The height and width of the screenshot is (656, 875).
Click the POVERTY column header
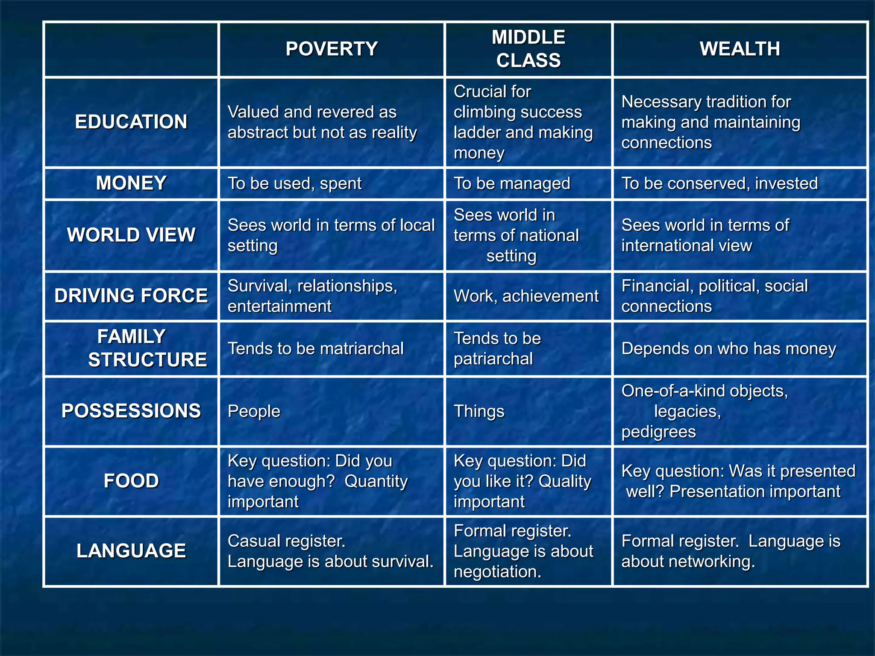point(332,49)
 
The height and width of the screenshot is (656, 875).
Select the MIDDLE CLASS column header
point(529,49)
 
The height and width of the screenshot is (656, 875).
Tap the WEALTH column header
point(740,49)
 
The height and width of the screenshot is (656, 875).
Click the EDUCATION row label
point(131,122)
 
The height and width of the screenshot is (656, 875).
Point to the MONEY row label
point(131,183)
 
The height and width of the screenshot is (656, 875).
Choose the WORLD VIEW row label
point(131,235)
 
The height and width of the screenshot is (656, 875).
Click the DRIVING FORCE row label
point(131,296)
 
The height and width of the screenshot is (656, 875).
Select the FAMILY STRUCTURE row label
point(131,348)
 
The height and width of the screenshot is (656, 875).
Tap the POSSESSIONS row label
point(131,411)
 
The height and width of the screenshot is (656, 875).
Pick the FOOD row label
point(131,481)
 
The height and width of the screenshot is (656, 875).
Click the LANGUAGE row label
point(131,551)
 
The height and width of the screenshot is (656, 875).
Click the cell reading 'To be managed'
point(512,184)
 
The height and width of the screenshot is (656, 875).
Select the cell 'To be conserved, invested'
point(719,184)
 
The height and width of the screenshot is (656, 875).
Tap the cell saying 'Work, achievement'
point(526,296)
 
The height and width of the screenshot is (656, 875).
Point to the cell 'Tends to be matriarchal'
point(315,348)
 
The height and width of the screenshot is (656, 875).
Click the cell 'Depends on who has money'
point(728,348)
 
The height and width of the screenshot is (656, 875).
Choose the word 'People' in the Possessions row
point(254,411)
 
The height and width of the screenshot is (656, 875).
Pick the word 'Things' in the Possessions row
point(479,411)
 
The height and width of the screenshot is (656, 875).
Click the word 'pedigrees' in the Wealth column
point(658,432)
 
